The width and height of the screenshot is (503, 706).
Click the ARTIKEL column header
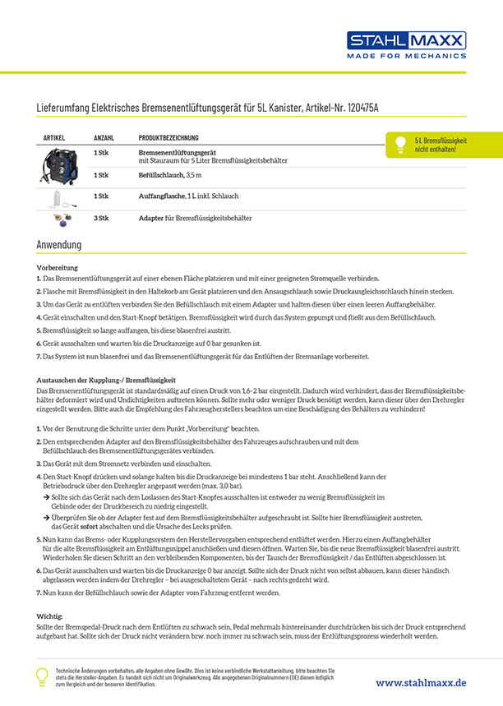[53, 137]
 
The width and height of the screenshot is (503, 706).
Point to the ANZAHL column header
[104, 137]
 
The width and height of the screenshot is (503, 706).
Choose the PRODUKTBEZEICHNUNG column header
[168, 137]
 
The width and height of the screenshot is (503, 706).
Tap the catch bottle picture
[60, 198]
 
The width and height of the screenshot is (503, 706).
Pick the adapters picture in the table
[61, 219]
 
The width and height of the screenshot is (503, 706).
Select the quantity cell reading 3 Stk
[101, 218]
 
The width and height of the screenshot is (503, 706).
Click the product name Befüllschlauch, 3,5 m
[169, 175]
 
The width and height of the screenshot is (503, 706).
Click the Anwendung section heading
[58, 245]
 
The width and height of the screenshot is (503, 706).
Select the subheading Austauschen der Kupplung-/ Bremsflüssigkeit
[106, 381]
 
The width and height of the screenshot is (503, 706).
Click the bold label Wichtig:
[51, 616]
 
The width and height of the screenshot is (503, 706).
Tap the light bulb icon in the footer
[41, 676]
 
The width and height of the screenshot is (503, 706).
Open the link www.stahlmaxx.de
[421, 682]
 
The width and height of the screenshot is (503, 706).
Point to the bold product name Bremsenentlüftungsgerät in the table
[177, 153]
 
